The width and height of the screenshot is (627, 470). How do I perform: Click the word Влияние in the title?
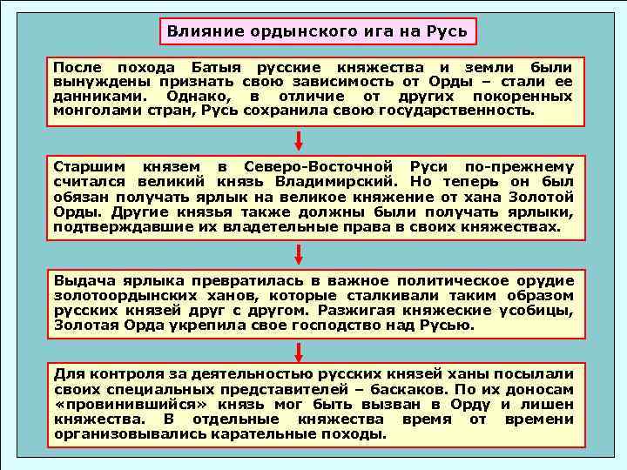click(x=199, y=32)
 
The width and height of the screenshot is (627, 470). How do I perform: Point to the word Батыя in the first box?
click(x=214, y=67)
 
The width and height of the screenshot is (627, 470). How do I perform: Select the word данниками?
click(x=98, y=97)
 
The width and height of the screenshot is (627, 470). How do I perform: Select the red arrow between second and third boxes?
click(x=299, y=253)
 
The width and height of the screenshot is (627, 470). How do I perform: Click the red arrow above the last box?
click(x=299, y=352)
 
